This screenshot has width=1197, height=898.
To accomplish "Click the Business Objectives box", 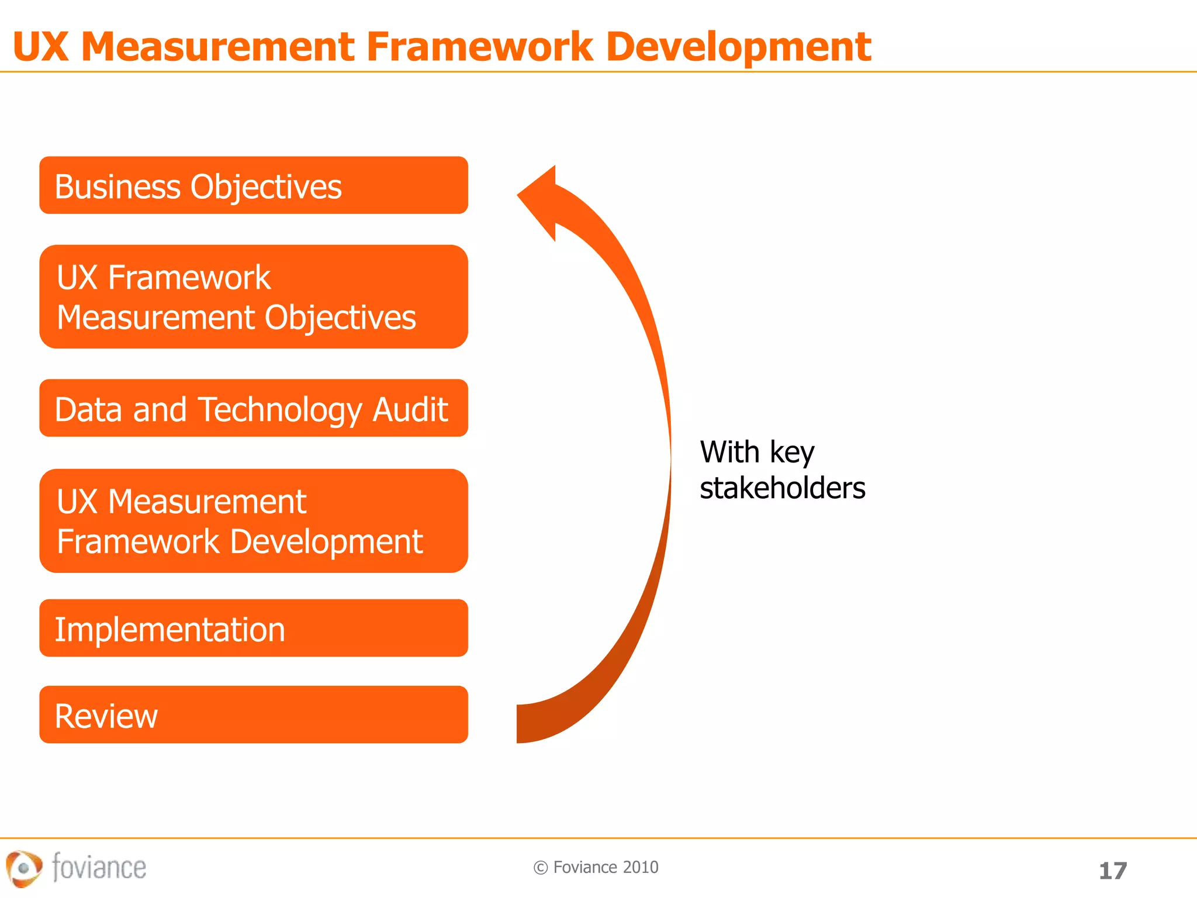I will pyautogui.click(x=253, y=185).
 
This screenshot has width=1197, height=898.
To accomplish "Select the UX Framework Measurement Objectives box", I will pyautogui.click(x=253, y=296).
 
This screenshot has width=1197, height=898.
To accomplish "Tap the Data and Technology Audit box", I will pyautogui.click(x=253, y=408).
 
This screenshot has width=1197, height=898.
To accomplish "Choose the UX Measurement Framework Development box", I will pyautogui.click(x=253, y=520).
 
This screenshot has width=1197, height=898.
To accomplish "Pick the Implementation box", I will pyautogui.click(x=253, y=628).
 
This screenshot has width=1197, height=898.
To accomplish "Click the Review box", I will pyautogui.click(x=253, y=714).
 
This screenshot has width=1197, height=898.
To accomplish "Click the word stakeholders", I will pyautogui.click(x=782, y=488).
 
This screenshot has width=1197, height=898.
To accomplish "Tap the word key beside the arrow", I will pyautogui.click(x=791, y=453).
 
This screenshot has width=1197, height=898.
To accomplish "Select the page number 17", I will pyautogui.click(x=1112, y=871).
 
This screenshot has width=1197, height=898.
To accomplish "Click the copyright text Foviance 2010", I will pyautogui.click(x=605, y=867).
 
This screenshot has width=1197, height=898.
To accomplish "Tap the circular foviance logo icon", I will pyautogui.click(x=23, y=868).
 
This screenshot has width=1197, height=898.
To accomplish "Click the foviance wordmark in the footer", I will pyautogui.click(x=99, y=867).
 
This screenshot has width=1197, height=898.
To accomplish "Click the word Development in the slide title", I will pyautogui.click(x=738, y=47).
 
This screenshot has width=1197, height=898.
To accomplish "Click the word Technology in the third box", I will pyautogui.click(x=281, y=409).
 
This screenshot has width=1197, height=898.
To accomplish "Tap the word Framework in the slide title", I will pyautogui.click(x=479, y=47).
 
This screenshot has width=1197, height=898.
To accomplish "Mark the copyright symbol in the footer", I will pyautogui.click(x=541, y=868).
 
